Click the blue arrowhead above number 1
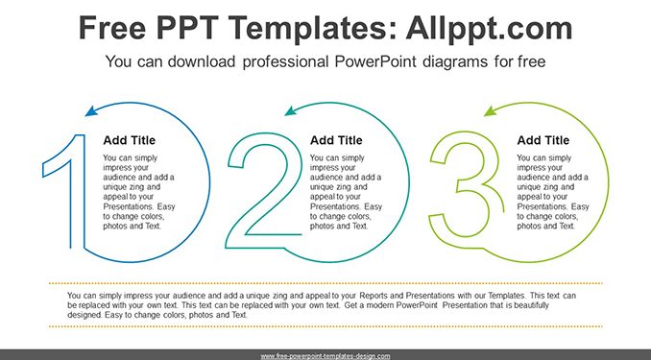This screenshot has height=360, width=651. [x=91, y=110]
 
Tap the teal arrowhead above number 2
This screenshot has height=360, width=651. [x=291, y=110]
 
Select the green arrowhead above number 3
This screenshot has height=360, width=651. [x=490, y=110]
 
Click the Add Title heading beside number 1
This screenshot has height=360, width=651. [x=129, y=140]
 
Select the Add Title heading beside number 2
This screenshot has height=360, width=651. [x=336, y=140]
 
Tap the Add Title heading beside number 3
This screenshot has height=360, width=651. [x=542, y=140]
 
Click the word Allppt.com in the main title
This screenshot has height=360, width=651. [x=489, y=28]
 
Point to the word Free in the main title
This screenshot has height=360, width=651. [x=112, y=28]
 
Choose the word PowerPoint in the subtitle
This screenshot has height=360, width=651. [x=375, y=61]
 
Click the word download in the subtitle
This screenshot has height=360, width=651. [x=202, y=61]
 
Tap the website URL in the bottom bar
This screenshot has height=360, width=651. [x=325, y=356]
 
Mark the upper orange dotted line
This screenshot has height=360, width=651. [x=325, y=283]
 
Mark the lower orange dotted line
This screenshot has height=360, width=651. [x=325, y=326]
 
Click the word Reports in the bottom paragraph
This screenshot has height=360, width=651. [x=374, y=296]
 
